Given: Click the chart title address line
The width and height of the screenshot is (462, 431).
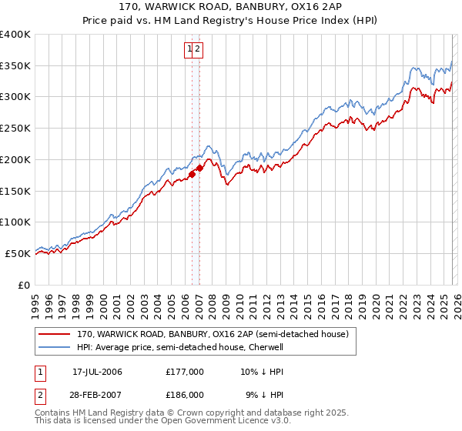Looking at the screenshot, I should pyautogui.click(x=230, y=6).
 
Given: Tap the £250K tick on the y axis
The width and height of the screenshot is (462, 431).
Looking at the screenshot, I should pyautogui.click(x=15, y=128).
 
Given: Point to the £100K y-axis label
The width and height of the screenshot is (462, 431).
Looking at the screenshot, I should pyautogui.click(x=15, y=222).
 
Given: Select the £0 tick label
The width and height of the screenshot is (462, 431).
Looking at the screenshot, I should pyautogui.click(x=24, y=285).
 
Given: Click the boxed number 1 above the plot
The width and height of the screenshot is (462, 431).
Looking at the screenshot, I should pyautogui.click(x=189, y=50).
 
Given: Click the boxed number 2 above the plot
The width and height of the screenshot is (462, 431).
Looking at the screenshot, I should pyautogui.click(x=198, y=50).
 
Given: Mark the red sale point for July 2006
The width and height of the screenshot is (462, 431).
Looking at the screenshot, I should pyautogui.click(x=192, y=174).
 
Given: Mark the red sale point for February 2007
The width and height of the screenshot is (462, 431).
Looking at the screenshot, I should pyautogui.click(x=200, y=168).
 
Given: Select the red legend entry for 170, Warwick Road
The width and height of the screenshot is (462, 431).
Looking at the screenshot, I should pyautogui.click(x=213, y=334).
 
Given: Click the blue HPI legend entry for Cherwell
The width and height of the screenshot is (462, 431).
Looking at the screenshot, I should pyautogui.click(x=180, y=347).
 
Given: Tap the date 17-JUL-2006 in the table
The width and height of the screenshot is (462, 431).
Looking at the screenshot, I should pyautogui.click(x=97, y=372).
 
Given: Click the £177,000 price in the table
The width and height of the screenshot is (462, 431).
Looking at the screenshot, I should pyautogui.click(x=185, y=372).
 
